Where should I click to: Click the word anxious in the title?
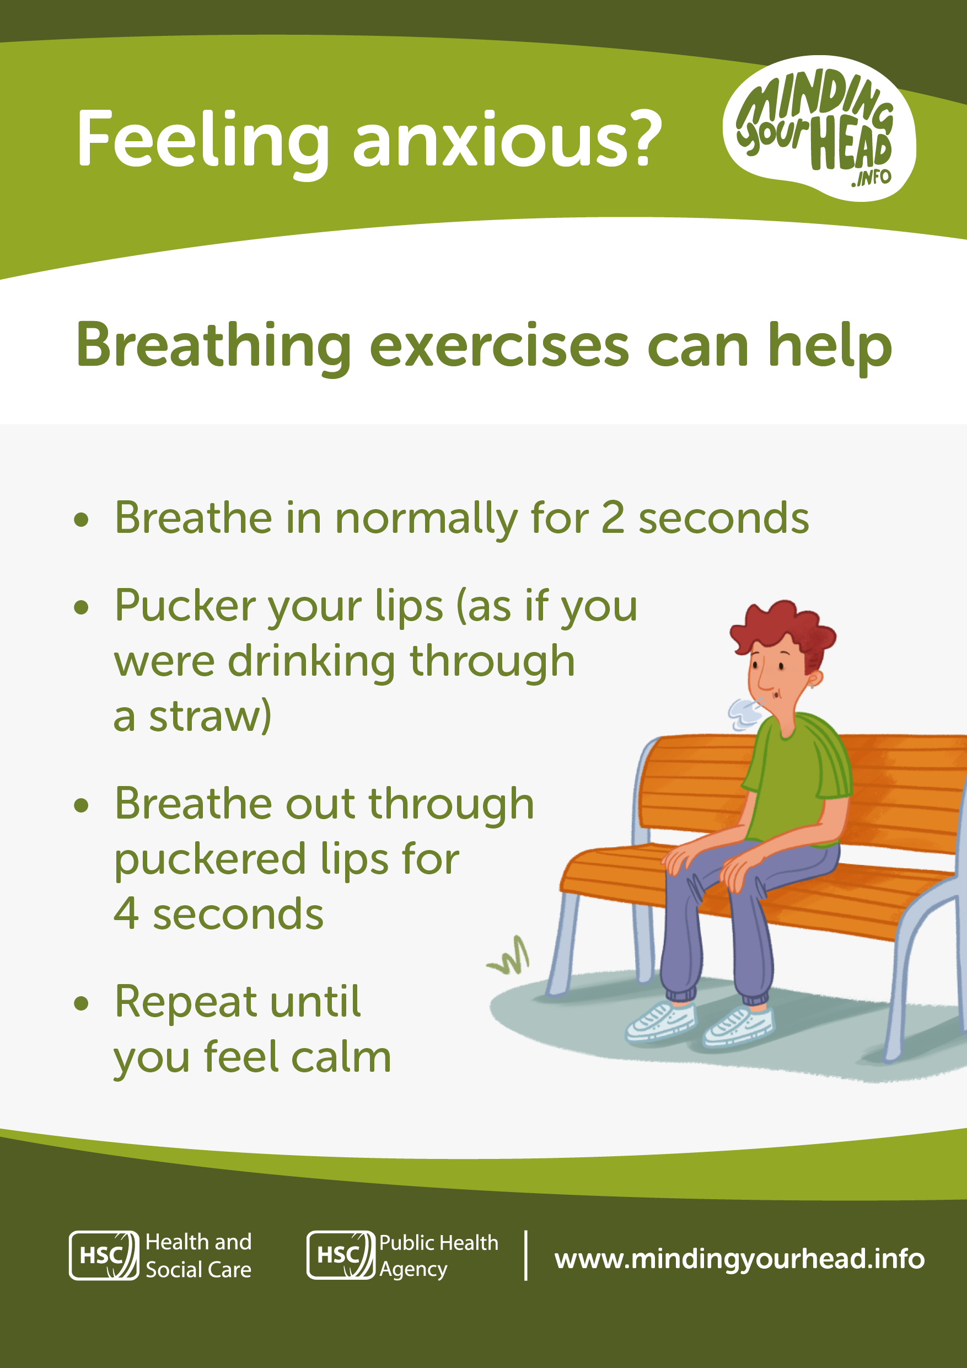point(507,139)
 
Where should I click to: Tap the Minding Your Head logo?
point(819,129)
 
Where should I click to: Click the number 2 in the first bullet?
point(613,517)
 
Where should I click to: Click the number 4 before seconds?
point(126,913)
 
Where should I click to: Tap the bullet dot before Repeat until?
point(82,1003)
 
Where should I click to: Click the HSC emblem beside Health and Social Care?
point(104,1255)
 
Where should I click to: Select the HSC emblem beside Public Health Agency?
point(341,1255)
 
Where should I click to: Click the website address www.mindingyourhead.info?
point(739,1259)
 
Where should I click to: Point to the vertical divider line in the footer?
point(526,1255)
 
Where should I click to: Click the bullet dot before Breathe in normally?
point(82,520)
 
